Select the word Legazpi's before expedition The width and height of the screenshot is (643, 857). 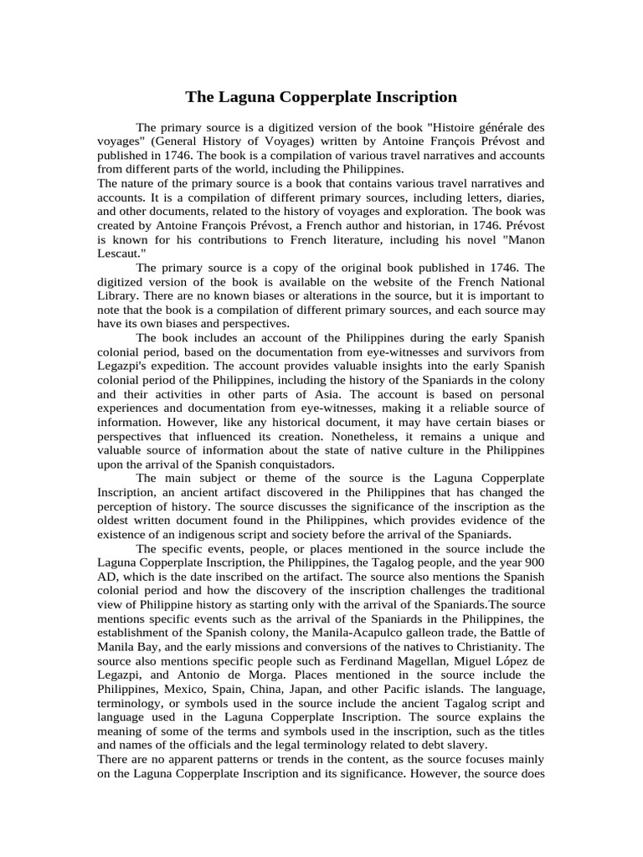coord(125,353)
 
